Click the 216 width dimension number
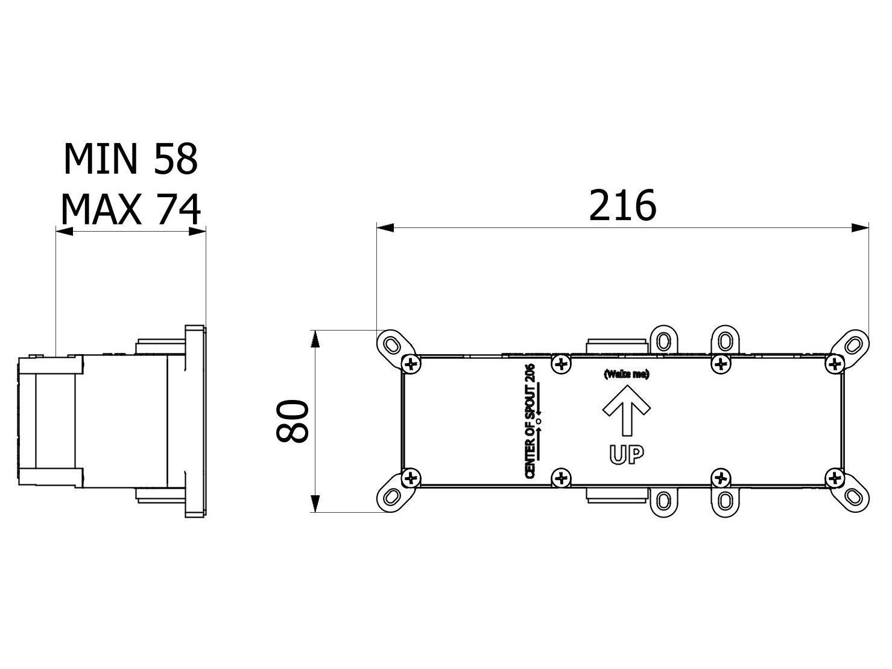pos(622,206)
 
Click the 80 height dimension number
pos(293,421)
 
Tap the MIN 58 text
pos(130,159)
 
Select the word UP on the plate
pos(626,455)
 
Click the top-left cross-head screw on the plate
pos(411,363)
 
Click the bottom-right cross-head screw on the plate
pos(834,478)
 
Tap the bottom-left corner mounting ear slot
pos(391,496)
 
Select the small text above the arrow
pos(626,375)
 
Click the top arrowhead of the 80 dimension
pos(314,339)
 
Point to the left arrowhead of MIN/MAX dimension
pos(63,231)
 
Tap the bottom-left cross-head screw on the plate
pos(411,478)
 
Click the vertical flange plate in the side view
pos(194,421)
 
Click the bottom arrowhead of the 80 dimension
pos(314,504)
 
